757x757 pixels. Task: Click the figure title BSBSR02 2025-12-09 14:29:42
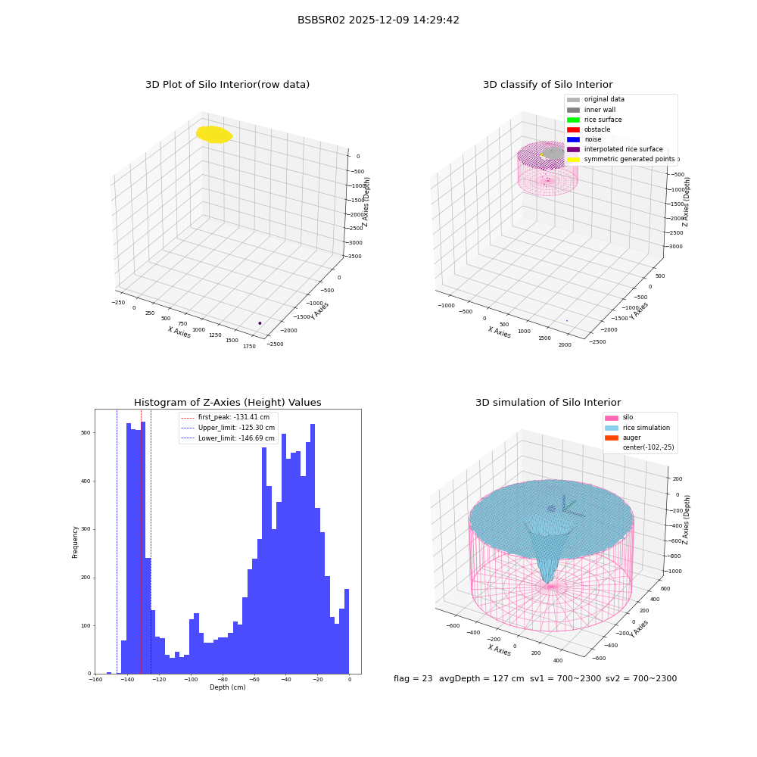click(x=378, y=20)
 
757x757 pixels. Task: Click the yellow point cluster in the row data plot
click(x=214, y=135)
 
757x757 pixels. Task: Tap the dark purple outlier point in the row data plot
click(x=260, y=323)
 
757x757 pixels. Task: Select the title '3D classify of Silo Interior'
click(x=548, y=85)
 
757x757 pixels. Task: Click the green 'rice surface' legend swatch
click(x=573, y=120)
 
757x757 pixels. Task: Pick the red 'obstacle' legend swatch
click(x=573, y=130)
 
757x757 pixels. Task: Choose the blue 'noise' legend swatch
click(x=573, y=139)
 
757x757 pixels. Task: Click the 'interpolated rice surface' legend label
click(x=623, y=149)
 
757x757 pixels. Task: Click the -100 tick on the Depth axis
click(x=191, y=680)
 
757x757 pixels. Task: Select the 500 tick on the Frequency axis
click(x=86, y=433)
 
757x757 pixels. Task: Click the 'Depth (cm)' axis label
click(x=227, y=687)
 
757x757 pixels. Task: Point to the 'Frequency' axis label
click(x=75, y=542)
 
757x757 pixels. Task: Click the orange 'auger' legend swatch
click(x=611, y=438)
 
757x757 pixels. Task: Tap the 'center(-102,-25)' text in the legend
click(x=649, y=447)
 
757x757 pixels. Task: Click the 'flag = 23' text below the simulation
click(x=413, y=679)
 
